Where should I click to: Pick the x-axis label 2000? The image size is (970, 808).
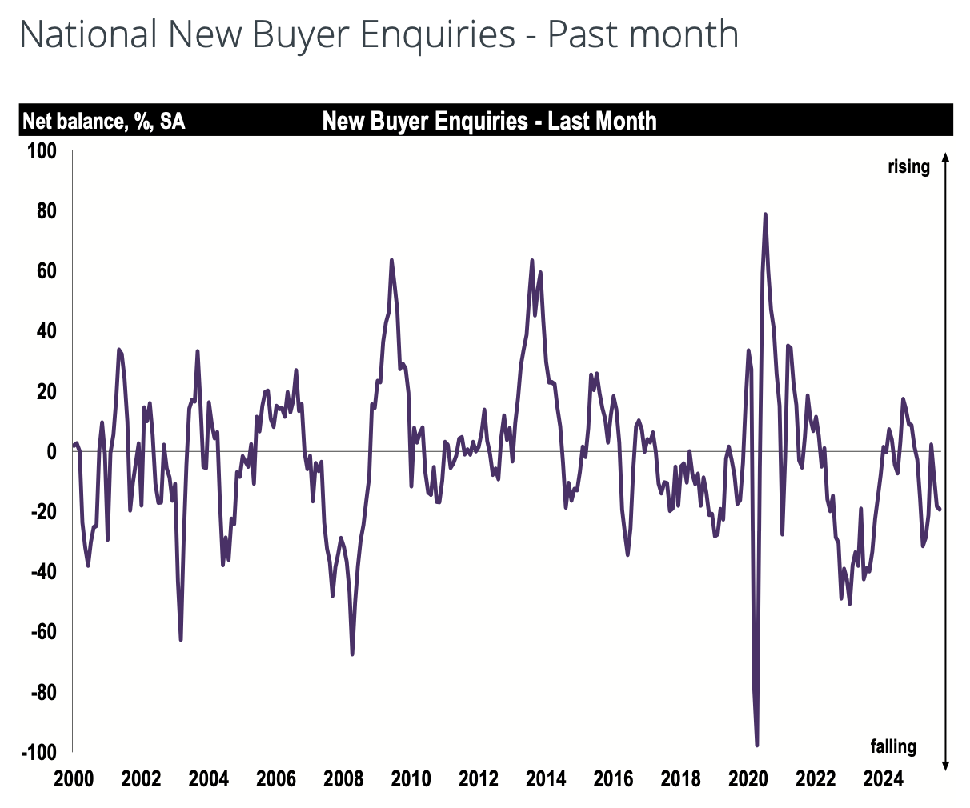(x=74, y=778)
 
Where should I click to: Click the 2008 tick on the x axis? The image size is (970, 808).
(x=344, y=778)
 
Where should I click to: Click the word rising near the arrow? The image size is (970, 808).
(x=908, y=167)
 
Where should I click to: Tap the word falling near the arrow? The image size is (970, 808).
(x=893, y=746)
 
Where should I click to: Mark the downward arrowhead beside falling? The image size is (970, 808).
(x=945, y=766)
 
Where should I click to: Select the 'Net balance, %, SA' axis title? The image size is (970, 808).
(x=103, y=122)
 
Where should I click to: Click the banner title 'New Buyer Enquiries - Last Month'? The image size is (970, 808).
(x=489, y=121)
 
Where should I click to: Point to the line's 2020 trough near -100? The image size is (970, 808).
(x=756, y=745)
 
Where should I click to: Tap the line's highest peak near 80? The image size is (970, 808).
(x=765, y=214)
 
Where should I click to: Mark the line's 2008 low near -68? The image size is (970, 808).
(x=352, y=654)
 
